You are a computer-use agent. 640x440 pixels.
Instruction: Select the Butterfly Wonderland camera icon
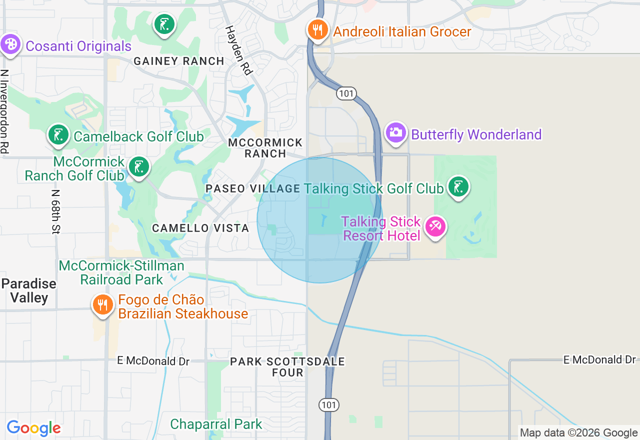[395, 133]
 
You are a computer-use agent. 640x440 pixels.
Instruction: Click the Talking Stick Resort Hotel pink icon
[434, 227]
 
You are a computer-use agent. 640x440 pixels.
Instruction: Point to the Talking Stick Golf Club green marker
[457, 187]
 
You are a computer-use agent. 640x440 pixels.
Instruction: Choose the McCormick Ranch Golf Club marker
[138, 167]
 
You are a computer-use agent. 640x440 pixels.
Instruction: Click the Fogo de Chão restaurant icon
[102, 304]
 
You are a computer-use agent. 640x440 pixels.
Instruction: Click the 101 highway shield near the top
[345, 93]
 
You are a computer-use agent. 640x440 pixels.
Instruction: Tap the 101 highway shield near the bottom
[329, 404]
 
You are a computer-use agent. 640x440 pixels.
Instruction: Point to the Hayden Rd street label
[238, 50]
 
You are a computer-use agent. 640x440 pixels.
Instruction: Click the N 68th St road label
[55, 211]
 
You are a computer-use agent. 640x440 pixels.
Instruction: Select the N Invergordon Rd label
[5, 111]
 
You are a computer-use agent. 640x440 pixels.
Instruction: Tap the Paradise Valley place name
[28, 290]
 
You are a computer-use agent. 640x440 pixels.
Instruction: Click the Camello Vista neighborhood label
[200, 228]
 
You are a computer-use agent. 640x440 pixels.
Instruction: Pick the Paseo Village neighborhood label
[253, 188]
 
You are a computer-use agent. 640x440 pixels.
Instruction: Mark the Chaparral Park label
[216, 424]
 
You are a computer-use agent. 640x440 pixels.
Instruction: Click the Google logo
[33, 428]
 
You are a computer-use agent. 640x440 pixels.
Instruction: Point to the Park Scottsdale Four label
[287, 367]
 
